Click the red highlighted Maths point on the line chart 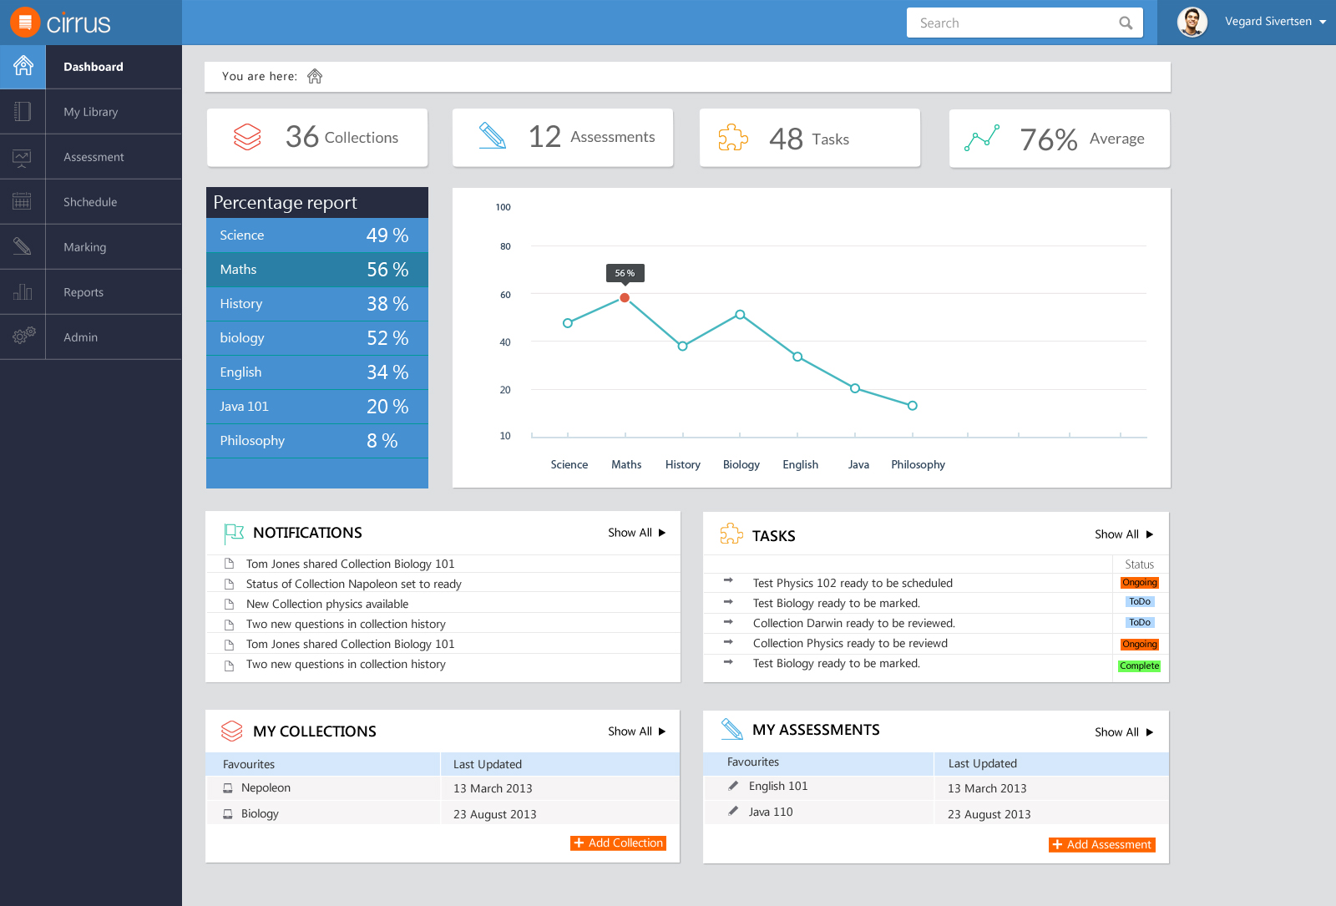point(625,297)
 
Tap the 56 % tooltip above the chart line point(625,273)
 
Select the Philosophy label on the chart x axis point(918,464)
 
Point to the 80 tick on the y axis point(505,246)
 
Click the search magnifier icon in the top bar point(1126,23)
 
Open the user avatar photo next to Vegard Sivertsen point(1192,22)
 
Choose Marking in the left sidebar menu point(84,247)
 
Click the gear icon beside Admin point(23,336)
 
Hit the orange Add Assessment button point(1101,844)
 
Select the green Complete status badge point(1139,666)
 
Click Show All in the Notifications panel point(636,533)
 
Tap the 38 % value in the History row point(387,304)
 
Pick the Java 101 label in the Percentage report point(244,406)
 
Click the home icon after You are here point(315,76)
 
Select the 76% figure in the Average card point(1048,139)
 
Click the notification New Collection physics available point(326,604)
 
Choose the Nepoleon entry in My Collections point(266,787)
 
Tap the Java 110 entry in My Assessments point(771,812)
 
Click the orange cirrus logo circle point(25,23)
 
